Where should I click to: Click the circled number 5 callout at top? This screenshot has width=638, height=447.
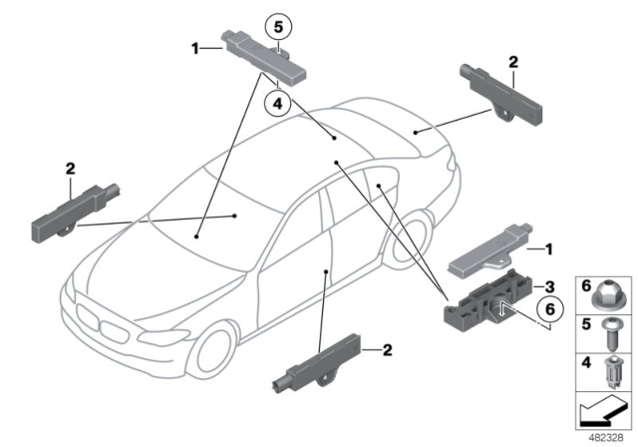click(x=278, y=24)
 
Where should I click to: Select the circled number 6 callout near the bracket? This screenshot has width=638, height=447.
click(x=546, y=311)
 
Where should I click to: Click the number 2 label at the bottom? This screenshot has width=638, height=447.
click(x=389, y=349)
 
